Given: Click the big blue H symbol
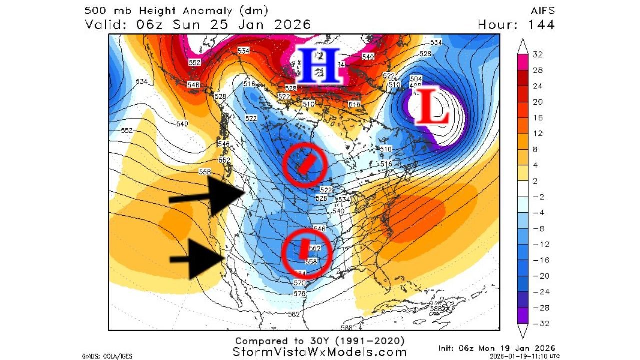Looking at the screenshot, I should click(318, 66).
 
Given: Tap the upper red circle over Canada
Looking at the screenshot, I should click(304, 164).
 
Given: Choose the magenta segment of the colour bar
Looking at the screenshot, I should click(523, 62).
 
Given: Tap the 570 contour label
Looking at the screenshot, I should click(299, 283).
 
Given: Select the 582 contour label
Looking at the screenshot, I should click(294, 314).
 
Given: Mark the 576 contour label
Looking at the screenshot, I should click(300, 294).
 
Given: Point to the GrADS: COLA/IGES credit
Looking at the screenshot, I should click(104, 356).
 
